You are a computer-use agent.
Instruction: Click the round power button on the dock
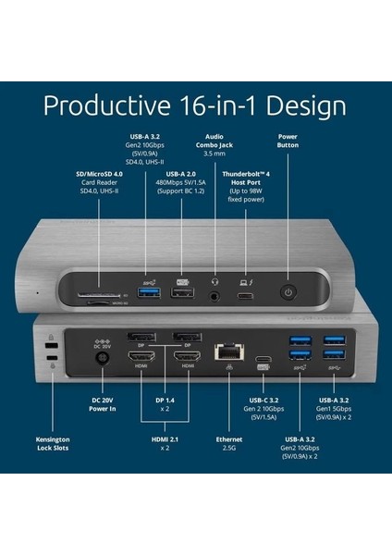tap(288, 293)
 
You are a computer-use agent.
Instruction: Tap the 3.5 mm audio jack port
tap(216, 297)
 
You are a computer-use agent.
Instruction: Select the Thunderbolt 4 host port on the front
tap(247, 297)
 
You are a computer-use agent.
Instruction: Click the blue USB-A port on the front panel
tap(149, 294)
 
